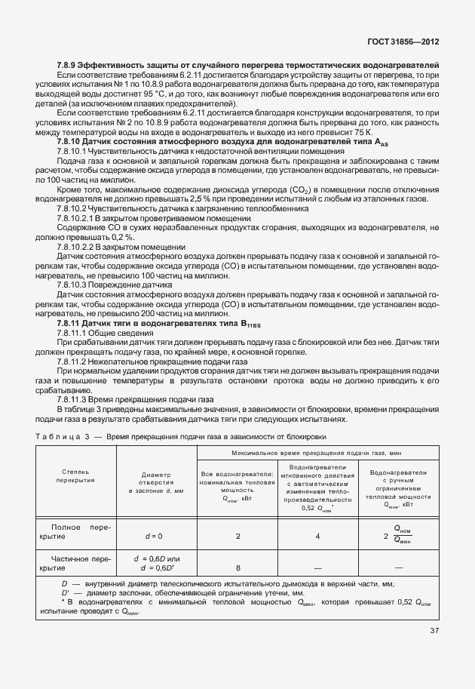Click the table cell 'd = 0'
point(154,536)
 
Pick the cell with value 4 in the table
point(317,536)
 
